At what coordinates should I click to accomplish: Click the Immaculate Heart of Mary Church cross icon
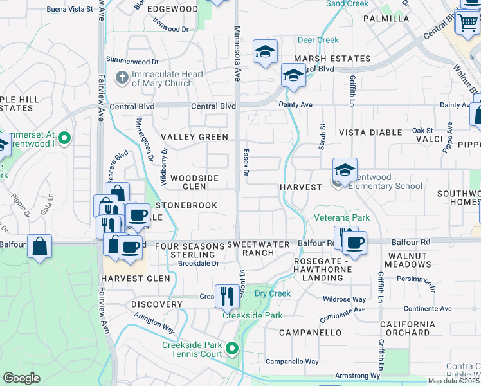(122, 78)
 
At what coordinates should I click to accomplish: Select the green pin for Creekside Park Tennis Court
(232, 349)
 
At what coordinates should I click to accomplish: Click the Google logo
(21, 378)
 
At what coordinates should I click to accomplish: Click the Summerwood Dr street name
(132, 61)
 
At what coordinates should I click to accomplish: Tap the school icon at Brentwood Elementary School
(345, 170)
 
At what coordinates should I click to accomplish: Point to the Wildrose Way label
(345, 299)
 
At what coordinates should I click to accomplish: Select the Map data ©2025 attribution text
(454, 381)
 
